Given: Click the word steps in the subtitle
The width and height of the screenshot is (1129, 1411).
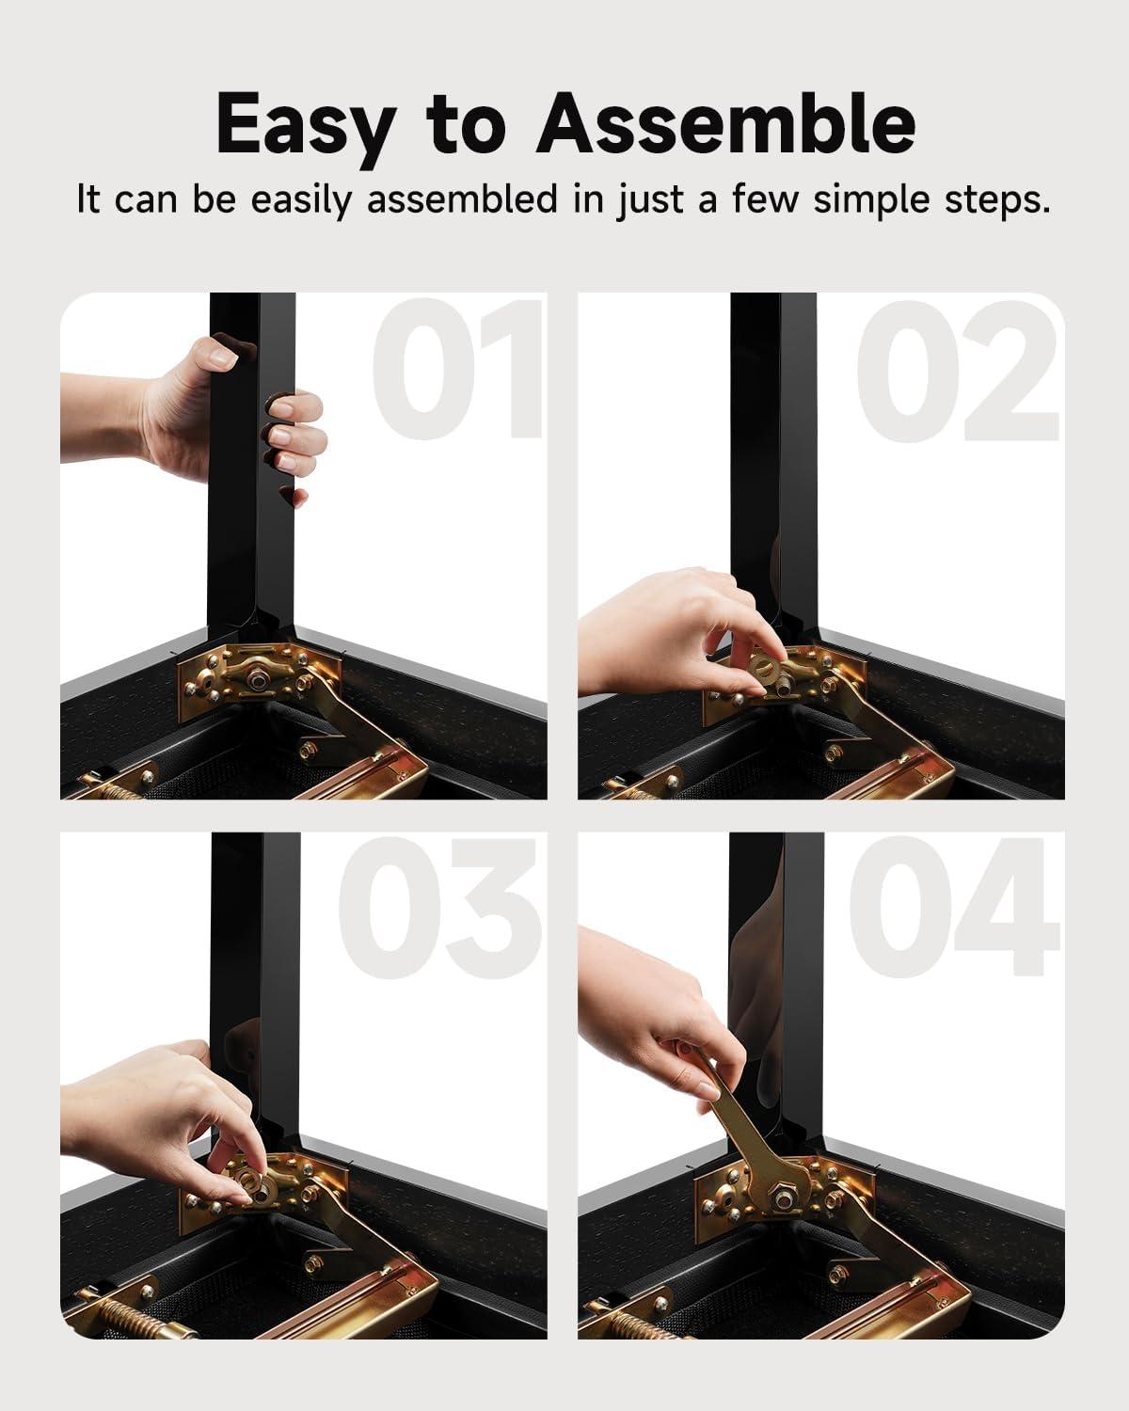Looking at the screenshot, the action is click(997, 199).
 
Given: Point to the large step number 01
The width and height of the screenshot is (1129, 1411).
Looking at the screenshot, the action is click(458, 369).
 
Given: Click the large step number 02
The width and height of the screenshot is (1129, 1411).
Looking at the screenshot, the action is click(957, 371).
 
